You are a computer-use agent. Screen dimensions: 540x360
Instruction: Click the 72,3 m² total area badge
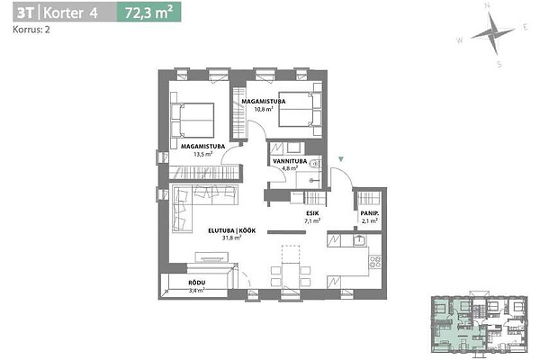point(148,13)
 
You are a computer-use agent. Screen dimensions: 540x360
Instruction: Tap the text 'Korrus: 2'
point(31,30)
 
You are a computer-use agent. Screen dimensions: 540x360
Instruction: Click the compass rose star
point(492,34)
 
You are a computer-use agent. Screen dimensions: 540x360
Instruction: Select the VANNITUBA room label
point(290,161)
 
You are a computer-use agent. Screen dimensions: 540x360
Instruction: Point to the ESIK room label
point(312,213)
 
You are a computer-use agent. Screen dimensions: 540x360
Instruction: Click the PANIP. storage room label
point(370,213)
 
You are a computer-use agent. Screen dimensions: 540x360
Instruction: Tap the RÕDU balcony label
point(197,283)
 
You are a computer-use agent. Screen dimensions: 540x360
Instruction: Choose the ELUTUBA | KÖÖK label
point(232,230)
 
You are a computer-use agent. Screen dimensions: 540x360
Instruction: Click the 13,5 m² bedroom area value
point(202,154)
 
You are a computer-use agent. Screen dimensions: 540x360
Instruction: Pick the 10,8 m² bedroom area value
point(264,109)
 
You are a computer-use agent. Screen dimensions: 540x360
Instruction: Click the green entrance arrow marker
point(341,159)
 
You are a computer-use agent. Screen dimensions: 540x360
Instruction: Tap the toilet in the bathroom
point(315,164)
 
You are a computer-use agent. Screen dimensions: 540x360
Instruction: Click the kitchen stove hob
point(375,262)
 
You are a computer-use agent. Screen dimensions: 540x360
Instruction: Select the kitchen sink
point(359,240)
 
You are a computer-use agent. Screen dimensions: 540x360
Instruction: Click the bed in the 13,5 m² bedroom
point(193,121)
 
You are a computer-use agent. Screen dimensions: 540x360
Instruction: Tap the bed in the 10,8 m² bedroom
point(301,109)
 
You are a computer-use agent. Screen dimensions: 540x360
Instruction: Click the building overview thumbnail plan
point(480,324)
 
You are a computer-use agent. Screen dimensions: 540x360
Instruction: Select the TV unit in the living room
point(211,257)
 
